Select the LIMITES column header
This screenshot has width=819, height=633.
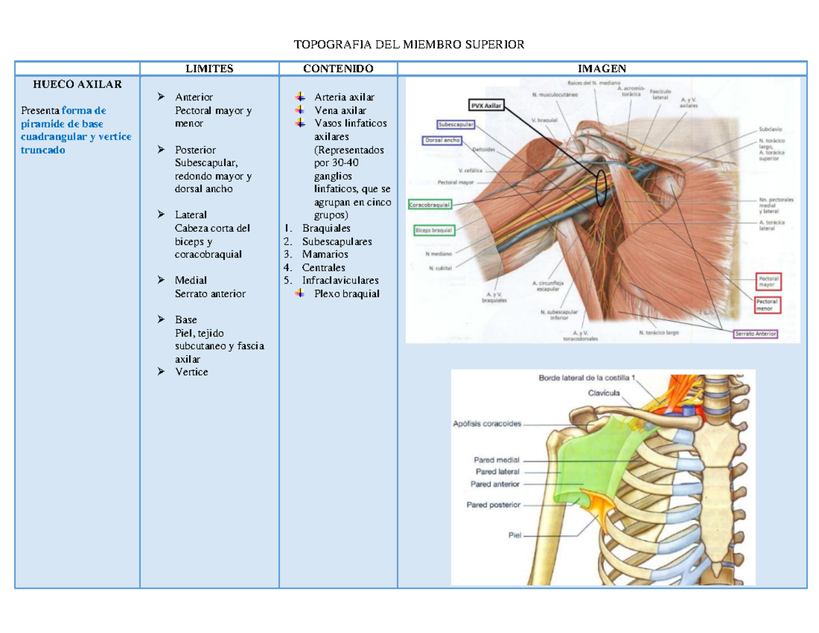210,68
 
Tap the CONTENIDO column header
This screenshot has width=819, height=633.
338,68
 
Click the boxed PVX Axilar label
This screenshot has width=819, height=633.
486,106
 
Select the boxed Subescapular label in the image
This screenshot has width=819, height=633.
457,125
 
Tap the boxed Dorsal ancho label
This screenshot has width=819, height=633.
442,141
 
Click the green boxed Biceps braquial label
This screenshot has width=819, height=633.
435,231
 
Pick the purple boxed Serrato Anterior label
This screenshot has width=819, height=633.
756,334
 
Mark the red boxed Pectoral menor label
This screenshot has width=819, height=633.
768,305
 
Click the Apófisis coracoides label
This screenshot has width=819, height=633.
487,423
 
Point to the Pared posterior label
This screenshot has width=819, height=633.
493,505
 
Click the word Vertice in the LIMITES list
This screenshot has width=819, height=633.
191,372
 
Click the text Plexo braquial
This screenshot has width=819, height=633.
347,294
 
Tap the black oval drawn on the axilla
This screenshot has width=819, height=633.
601,185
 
